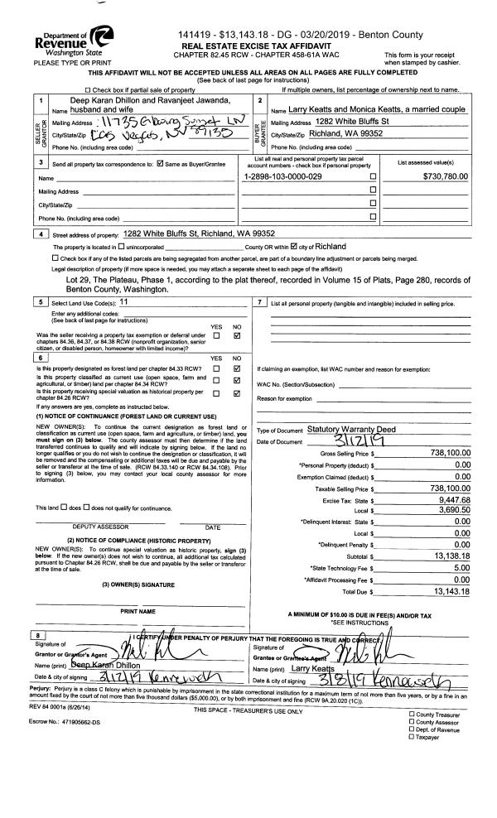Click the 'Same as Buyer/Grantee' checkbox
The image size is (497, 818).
point(164,168)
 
